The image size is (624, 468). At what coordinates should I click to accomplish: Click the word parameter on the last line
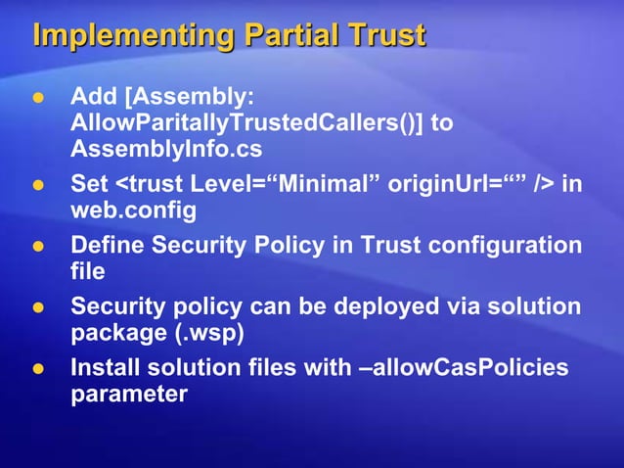(128, 394)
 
